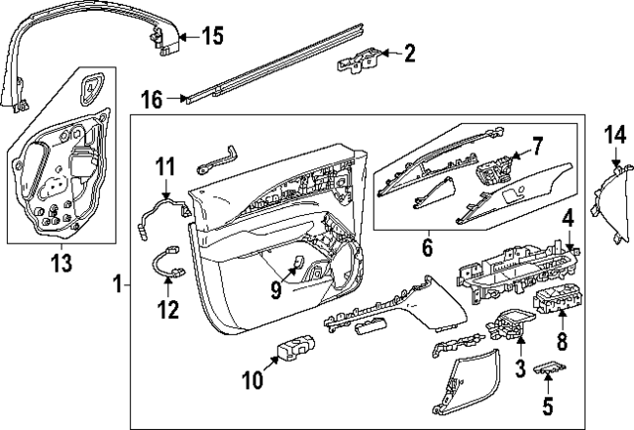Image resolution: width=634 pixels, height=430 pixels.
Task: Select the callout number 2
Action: tap(409, 54)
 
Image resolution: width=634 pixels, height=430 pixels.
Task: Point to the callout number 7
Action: tap(537, 148)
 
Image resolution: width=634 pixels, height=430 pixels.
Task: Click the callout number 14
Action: tap(616, 135)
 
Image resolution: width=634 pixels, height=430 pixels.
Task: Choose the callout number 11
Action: tap(163, 167)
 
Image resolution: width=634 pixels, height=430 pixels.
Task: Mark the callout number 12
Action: tap(166, 310)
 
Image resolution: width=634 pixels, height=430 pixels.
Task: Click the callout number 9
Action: tap(277, 288)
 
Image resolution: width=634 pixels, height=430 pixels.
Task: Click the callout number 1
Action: tap(119, 285)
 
